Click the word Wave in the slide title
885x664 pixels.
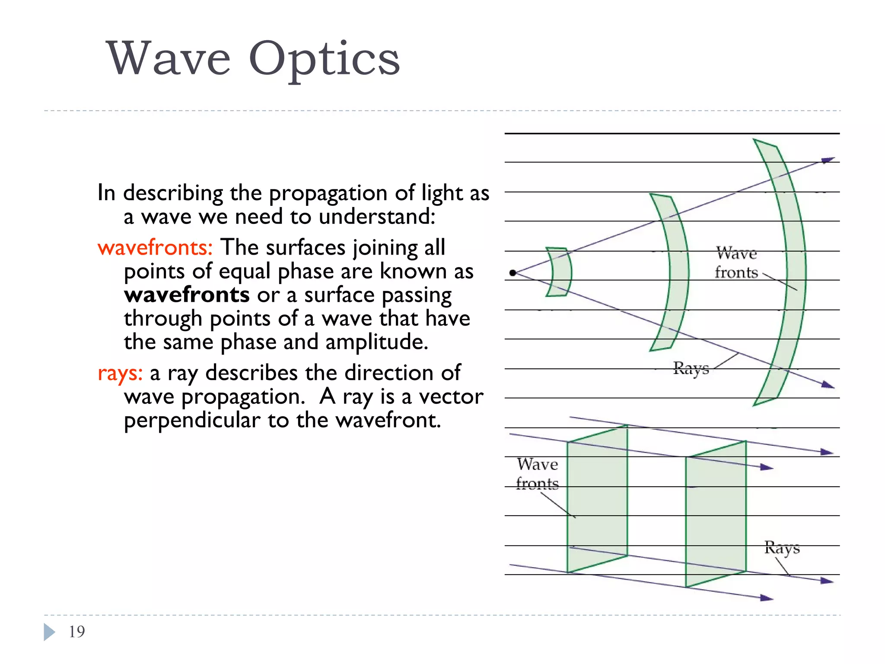168,59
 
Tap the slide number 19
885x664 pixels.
77,632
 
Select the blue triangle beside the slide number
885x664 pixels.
49,632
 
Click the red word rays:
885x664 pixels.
120,373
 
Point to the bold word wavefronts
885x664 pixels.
187,295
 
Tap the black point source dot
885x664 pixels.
513,273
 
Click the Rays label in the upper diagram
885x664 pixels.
691,368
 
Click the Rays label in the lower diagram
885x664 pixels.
782,548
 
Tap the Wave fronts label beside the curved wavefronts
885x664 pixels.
736,263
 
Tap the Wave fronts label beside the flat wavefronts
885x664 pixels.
538,474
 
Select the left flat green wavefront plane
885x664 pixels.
597,499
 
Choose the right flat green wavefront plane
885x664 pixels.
716,514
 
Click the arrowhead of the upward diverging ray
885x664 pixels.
828,160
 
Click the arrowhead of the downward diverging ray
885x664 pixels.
828,385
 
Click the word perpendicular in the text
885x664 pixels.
192,420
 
